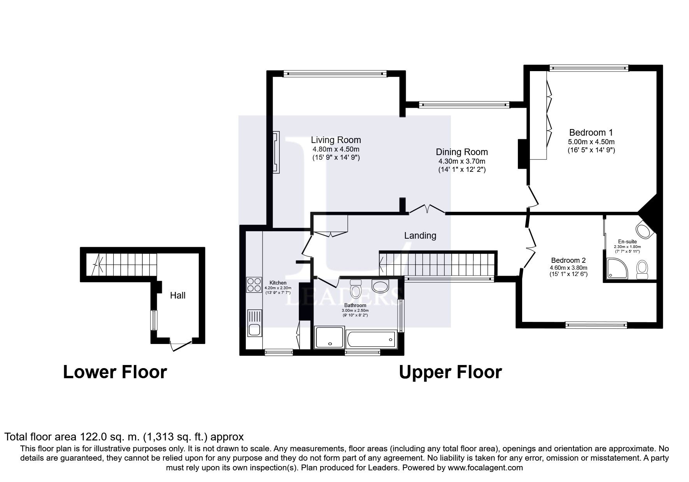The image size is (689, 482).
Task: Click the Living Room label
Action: [336, 140]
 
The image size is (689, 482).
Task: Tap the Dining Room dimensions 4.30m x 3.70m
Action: [462, 161]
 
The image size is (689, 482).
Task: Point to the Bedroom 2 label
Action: [568, 260]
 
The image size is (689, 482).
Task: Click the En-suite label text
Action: [627, 241]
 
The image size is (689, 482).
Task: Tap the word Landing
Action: [420, 236]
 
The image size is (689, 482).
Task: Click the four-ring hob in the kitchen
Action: [254, 285]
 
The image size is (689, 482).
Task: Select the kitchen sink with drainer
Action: [254, 322]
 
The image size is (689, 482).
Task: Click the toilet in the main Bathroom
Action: [356, 289]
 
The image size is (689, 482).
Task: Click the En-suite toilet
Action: [642, 269]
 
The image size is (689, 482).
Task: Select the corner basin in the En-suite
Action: [645, 232]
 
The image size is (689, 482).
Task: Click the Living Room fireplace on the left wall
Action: [276, 152]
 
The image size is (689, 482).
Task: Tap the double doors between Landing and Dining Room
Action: [427, 210]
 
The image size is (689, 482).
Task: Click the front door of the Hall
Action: [181, 344]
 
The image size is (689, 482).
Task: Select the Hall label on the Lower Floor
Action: [177, 295]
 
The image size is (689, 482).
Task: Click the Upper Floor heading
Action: [450, 372]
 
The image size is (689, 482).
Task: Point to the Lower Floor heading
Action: [115, 372]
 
